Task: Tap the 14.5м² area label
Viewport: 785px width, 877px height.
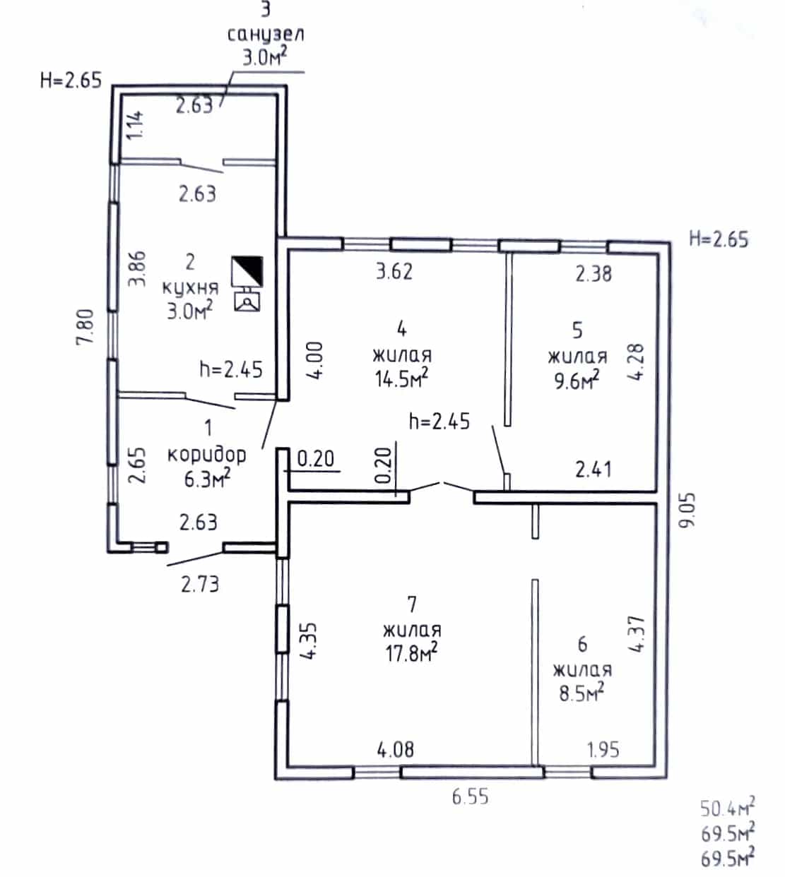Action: [x=401, y=378]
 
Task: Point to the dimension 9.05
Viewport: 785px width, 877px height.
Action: [x=687, y=510]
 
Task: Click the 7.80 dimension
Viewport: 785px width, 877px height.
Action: [x=85, y=327]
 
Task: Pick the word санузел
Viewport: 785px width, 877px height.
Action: [x=266, y=34]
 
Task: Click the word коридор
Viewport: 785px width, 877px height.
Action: [x=206, y=455]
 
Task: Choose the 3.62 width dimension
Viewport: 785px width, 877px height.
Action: [x=394, y=272]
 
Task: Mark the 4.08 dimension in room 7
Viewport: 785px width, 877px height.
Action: [x=396, y=749]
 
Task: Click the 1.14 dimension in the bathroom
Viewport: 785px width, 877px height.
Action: [x=135, y=125]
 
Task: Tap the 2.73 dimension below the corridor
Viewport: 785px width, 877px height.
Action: [x=200, y=585]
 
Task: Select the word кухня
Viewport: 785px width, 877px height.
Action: [x=191, y=288]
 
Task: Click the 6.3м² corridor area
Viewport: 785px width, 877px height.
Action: [x=208, y=479]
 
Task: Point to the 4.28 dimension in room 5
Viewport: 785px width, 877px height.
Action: [x=636, y=362]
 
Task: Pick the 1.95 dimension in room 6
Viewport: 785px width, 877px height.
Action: [x=603, y=749]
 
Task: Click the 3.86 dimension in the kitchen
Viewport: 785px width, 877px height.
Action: [x=137, y=268]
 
